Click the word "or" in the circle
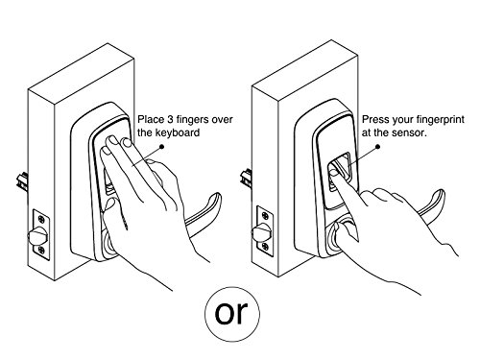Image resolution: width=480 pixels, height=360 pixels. point(231,313)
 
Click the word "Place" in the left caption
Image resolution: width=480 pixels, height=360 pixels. point(151,119)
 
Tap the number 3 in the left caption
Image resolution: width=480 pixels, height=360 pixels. point(171,119)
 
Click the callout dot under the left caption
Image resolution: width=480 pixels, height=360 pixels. point(161,147)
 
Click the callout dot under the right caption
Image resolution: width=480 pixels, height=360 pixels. point(377,147)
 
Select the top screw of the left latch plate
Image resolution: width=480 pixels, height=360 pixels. point(41,219)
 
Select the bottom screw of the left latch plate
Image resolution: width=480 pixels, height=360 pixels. point(41,250)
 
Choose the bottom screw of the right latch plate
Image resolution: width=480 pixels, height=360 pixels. point(265,247)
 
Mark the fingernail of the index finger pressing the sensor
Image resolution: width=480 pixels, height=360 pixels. point(335,173)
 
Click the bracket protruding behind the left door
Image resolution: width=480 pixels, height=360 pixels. point(22,181)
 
